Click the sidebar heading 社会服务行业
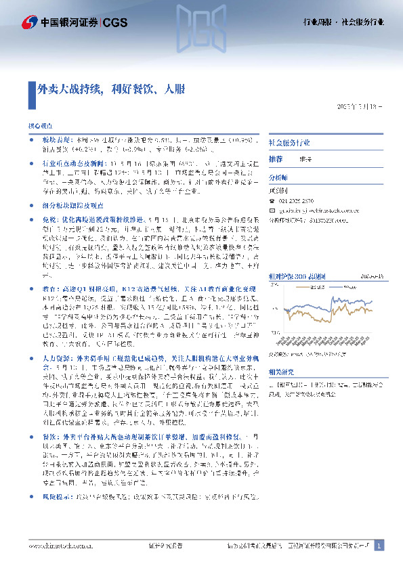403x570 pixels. [289, 143]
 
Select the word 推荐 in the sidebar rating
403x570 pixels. [276, 159]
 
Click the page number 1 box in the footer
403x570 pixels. [379, 546]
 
